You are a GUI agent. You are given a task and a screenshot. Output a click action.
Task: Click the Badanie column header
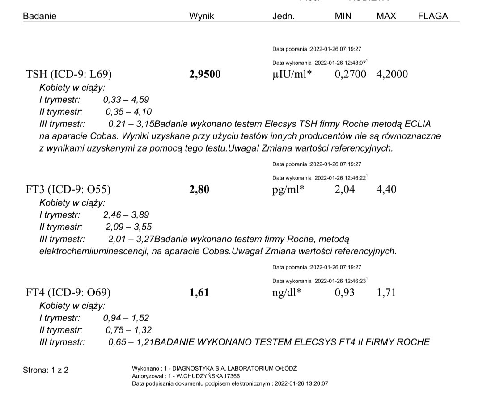[40, 16]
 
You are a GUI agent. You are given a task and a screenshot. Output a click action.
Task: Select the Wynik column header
[202, 16]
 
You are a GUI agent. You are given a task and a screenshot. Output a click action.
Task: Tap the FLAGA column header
[432, 16]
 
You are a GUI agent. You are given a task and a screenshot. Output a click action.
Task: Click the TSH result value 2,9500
[205, 74]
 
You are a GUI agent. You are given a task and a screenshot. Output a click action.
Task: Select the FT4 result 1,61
[199, 293]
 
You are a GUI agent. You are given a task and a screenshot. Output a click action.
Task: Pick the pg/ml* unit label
[288, 190]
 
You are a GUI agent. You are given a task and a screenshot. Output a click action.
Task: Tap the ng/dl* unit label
[287, 293]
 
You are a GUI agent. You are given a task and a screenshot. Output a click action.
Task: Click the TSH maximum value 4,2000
[392, 74]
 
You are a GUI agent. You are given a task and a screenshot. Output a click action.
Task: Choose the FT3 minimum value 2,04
[345, 189]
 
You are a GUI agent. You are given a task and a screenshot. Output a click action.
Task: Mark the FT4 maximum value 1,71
[386, 293]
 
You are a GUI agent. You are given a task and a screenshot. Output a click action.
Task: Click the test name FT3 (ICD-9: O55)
[68, 189]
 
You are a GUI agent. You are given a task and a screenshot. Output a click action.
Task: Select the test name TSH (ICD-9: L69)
[69, 74]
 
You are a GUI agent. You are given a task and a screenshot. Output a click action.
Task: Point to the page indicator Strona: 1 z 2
[46, 370]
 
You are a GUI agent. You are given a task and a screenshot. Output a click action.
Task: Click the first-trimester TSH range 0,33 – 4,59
[126, 100]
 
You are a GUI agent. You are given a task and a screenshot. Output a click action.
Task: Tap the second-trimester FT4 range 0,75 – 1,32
[129, 330]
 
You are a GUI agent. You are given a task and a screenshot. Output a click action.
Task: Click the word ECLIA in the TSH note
[417, 124]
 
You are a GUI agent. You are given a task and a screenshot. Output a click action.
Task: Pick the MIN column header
[343, 16]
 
